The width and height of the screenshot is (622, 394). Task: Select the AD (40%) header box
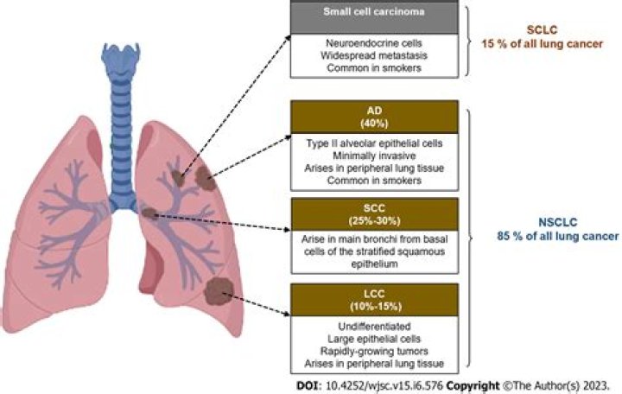pos(373,117)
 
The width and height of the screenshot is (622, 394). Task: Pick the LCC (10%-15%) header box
pos(373,299)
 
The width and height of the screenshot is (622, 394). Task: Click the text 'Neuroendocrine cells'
pos(373,42)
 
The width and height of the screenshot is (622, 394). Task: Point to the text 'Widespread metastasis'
pos(373,55)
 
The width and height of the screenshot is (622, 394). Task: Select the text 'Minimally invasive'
pos(373,156)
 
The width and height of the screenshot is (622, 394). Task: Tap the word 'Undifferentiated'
pos(373,326)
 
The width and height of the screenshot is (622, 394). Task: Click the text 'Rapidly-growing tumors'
pos(373,352)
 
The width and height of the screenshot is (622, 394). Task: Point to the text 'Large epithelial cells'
pos(373,339)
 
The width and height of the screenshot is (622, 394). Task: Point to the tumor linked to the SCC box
pos(149,213)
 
